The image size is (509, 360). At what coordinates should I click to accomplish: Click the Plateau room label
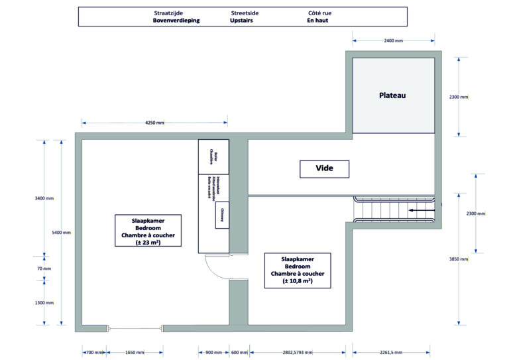[392, 95]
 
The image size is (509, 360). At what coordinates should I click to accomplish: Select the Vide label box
[324, 169]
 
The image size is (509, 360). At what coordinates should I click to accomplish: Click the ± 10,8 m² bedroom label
[298, 270]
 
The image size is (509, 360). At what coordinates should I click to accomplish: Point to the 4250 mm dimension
[154, 123]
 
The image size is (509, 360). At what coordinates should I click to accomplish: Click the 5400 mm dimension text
[61, 233]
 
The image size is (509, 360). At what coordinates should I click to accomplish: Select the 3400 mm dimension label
[44, 198]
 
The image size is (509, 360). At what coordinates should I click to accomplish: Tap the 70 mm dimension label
[44, 269]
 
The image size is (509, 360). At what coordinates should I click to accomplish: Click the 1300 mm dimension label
[44, 303]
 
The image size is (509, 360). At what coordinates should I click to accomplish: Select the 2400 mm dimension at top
[393, 41]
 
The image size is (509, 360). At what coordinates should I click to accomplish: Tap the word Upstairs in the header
[241, 21]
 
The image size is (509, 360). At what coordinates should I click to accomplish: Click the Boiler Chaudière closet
[213, 156]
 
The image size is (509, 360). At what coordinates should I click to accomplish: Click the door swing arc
[213, 269]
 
